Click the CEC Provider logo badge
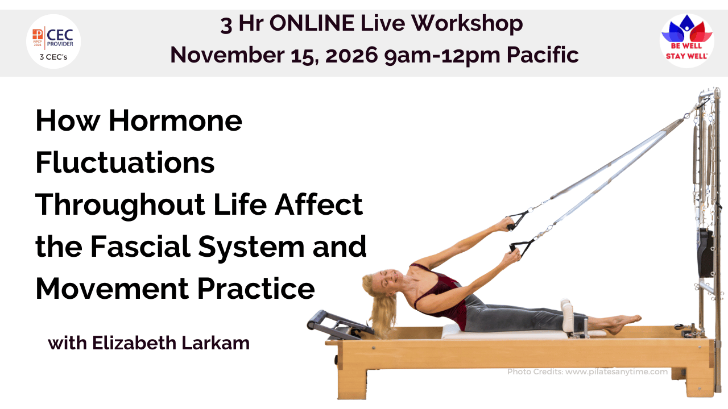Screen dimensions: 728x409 [53, 41]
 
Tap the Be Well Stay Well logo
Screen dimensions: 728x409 [686, 40]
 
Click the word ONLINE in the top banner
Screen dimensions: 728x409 [312, 23]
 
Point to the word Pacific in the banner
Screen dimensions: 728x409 [543, 55]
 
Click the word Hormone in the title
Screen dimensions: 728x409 [176, 120]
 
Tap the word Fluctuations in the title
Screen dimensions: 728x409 [125, 162]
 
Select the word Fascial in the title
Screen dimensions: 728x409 [140, 247]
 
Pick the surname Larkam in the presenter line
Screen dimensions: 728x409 [216, 343]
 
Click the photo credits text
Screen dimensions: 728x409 [588, 372]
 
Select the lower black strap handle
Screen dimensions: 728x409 [520, 249]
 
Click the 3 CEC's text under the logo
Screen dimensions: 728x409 [53, 57]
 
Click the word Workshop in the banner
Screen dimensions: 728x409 [467, 23]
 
